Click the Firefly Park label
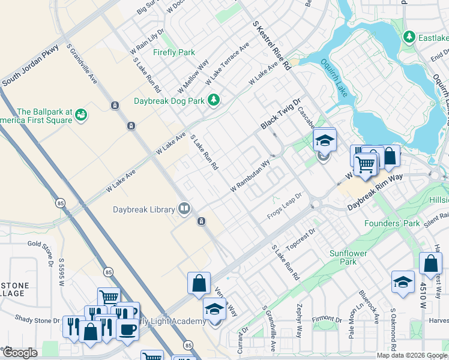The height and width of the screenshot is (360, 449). (173, 52)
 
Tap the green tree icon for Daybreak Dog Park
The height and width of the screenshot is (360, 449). (213, 101)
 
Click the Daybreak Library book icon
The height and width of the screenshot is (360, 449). (184, 209)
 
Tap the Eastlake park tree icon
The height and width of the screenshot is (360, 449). (409, 37)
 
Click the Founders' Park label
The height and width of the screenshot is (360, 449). (392, 224)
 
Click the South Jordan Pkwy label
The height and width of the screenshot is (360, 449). (30, 65)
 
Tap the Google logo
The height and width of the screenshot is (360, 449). (20, 352)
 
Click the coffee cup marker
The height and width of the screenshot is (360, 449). (127, 329)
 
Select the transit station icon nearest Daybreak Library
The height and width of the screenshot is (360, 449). (202, 221)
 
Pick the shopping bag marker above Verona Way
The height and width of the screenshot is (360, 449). (199, 283)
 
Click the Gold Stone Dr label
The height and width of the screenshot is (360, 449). (42, 244)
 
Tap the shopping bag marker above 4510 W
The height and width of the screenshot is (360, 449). (431, 263)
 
